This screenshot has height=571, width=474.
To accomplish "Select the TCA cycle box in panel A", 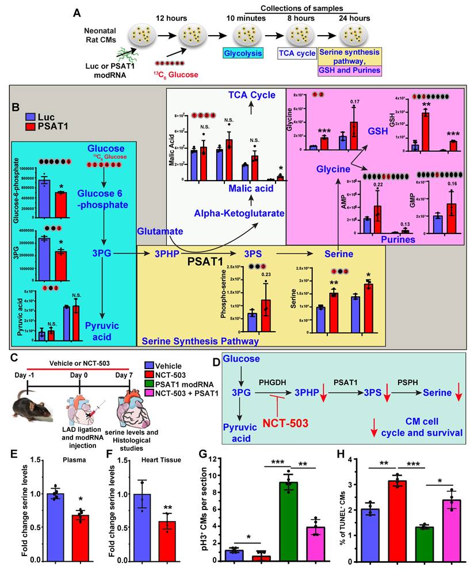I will coord(297,53).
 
